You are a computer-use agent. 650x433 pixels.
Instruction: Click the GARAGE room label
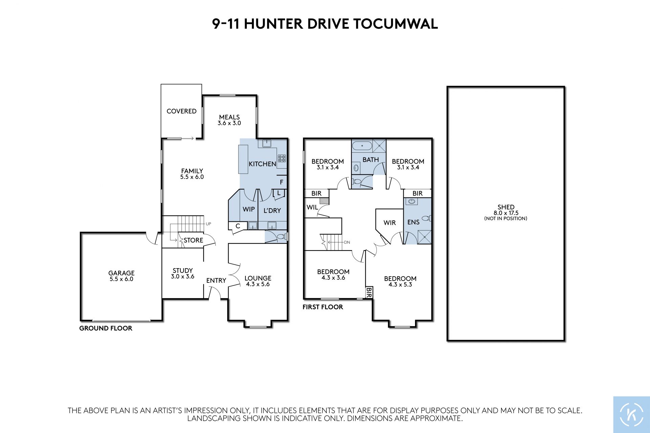(121, 273)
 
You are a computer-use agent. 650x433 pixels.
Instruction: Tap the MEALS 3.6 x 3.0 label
(229, 120)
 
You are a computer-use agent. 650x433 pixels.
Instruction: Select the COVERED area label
(181, 111)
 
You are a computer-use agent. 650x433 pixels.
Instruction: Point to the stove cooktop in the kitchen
(282, 158)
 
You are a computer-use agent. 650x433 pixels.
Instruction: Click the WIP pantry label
(248, 209)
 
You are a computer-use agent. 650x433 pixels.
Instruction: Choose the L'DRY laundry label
(272, 211)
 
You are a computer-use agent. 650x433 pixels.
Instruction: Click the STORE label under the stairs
(193, 240)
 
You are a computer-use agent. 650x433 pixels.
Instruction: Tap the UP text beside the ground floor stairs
(209, 224)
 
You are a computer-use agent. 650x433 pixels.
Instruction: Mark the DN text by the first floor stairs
(347, 242)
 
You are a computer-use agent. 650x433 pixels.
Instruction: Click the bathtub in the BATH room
(362, 146)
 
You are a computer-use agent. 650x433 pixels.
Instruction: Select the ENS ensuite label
(413, 222)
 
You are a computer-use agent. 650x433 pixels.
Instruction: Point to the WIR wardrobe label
(390, 223)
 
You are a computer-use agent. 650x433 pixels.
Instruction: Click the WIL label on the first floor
(312, 207)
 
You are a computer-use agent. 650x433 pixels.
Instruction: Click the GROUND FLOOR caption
(106, 328)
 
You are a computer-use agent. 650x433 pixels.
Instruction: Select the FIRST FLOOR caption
(323, 307)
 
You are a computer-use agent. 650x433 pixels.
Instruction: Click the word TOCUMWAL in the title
(395, 24)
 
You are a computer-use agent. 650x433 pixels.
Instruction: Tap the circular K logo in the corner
(631, 414)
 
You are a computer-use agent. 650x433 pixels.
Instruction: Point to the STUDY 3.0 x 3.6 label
(182, 274)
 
